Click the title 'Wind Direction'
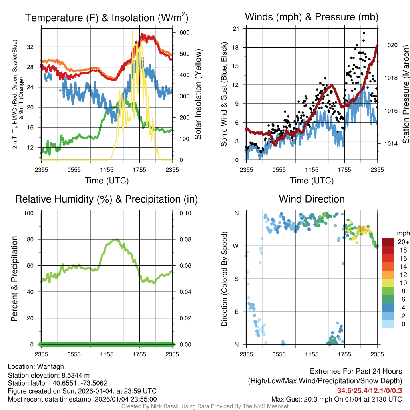click(x=312, y=199)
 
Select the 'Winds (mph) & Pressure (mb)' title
click(x=312, y=17)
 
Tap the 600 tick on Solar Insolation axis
click(x=184, y=33)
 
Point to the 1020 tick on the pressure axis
click(x=391, y=45)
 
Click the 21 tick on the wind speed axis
click(x=236, y=28)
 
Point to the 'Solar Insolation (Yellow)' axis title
click(x=198, y=94)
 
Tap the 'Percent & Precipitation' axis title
click(x=14, y=279)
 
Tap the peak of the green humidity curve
click(x=116, y=239)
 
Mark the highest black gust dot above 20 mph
click(x=364, y=33)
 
